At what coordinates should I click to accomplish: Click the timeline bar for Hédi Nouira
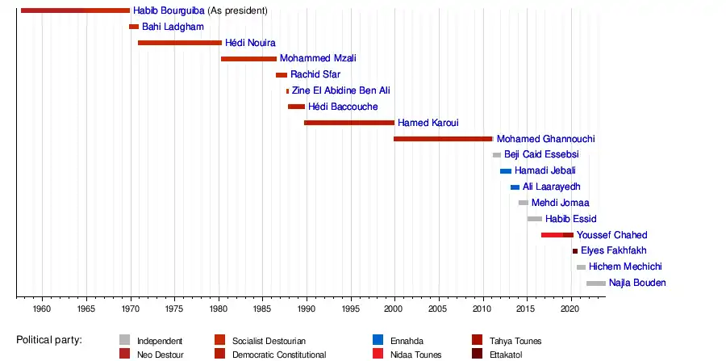(180, 43)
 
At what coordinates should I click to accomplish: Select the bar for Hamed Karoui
(349, 123)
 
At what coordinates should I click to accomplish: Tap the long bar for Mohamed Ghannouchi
(443, 139)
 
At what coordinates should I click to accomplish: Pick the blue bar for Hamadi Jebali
(506, 171)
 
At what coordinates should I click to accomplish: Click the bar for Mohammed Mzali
(248, 59)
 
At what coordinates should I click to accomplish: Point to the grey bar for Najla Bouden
(596, 283)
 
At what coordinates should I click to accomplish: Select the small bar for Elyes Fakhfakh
(575, 251)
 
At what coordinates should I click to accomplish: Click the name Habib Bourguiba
(169, 10)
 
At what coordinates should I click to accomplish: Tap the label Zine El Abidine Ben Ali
(340, 91)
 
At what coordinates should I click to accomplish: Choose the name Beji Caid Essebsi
(541, 155)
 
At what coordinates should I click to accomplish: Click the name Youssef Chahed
(611, 235)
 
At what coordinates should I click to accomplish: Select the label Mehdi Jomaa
(560, 203)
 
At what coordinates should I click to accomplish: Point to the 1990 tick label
(307, 309)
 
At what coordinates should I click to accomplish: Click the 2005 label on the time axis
(438, 309)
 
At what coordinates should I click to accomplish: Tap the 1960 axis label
(42, 309)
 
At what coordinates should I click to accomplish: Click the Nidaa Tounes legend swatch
(378, 354)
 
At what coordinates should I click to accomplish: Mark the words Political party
(49, 340)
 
